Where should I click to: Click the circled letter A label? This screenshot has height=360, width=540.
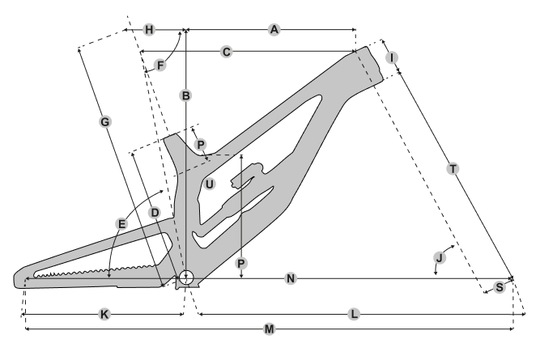(274, 30)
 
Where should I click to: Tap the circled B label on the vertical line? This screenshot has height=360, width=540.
(186, 95)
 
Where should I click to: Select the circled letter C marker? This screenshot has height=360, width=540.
(227, 52)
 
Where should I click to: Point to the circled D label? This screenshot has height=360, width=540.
(155, 212)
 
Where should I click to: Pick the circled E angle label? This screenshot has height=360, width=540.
(122, 223)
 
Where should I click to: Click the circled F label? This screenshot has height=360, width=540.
(160, 65)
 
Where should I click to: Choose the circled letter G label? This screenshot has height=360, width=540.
(104, 121)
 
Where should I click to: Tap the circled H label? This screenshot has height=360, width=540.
(149, 30)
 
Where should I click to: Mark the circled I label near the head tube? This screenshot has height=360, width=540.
(392, 57)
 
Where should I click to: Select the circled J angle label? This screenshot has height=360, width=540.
(439, 257)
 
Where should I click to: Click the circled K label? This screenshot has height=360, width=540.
(104, 314)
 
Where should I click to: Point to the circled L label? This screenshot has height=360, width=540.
(354, 314)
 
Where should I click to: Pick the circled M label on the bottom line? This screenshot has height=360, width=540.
(270, 329)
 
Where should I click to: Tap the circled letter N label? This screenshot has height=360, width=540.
(291, 279)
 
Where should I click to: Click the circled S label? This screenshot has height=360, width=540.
(500, 287)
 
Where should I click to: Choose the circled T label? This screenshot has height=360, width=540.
(453, 168)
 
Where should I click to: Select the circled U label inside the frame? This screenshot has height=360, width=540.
(210, 184)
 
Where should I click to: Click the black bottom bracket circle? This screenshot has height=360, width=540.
(186, 277)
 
